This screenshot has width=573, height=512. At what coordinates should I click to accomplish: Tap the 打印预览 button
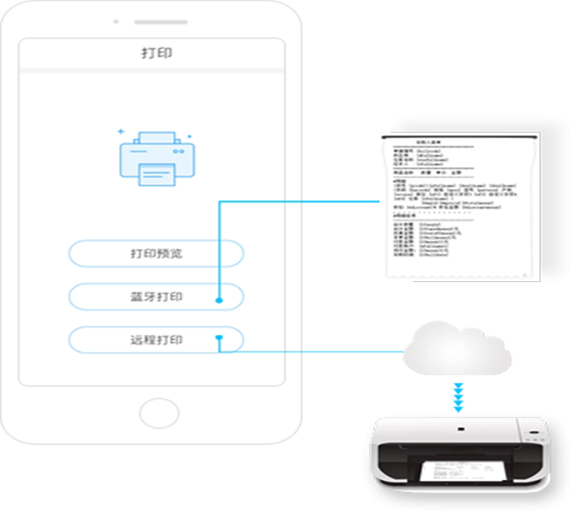(156, 254)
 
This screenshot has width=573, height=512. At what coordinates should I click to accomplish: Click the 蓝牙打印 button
(156, 297)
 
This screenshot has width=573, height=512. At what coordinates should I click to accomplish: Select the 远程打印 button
(156, 339)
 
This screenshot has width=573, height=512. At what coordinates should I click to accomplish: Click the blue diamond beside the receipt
(342, 202)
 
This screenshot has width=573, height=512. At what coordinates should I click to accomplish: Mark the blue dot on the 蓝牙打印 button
(220, 300)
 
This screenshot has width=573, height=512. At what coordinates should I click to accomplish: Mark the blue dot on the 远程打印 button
(219, 336)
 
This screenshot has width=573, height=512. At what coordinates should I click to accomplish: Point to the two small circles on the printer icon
(178, 152)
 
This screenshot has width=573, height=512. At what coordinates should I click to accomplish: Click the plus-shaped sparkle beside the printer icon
(120, 131)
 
